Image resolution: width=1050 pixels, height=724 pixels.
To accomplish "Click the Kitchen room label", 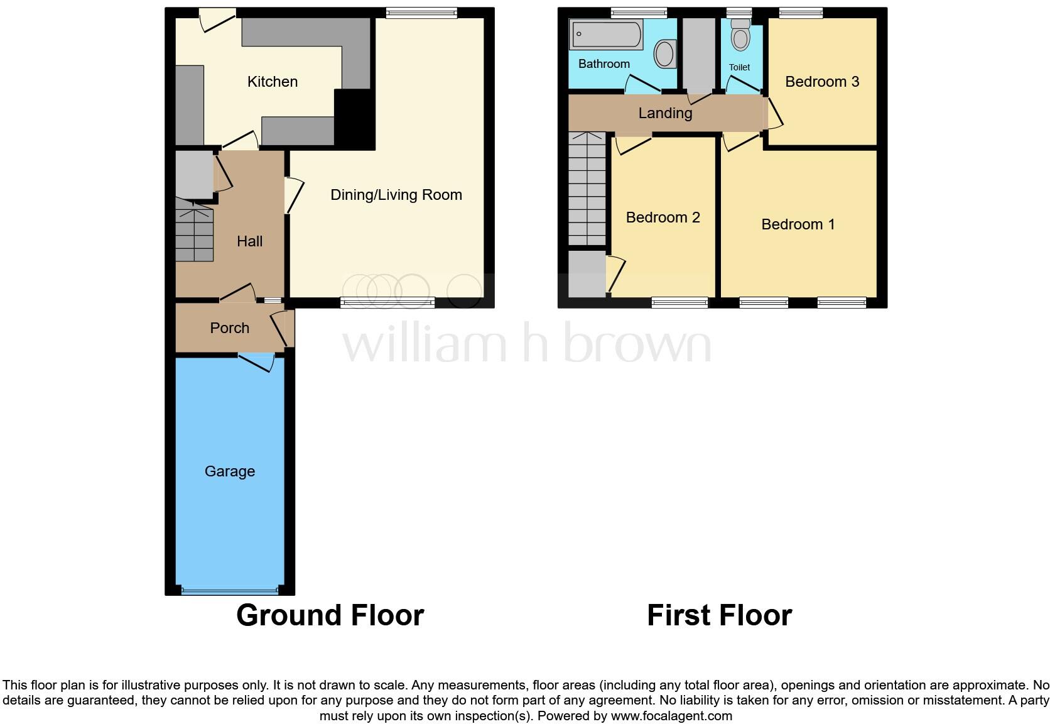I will (x=272, y=82).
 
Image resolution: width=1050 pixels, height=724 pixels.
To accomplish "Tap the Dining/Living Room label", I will (x=396, y=195).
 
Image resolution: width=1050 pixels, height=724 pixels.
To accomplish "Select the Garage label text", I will (x=229, y=471).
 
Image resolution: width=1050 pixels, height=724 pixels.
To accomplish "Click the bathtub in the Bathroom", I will (x=605, y=35).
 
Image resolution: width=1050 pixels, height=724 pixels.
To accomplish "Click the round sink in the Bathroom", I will (x=664, y=54).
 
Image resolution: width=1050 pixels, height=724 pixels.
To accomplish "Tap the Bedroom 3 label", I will (x=821, y=82).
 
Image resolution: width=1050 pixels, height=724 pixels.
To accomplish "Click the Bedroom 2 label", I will (x=663, y=217).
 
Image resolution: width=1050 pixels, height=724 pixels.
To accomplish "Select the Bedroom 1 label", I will (x=798, y=224).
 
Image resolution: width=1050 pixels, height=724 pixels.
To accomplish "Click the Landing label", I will (x=665, y=113).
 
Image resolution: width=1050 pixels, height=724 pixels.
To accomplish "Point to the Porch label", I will (x=229, y=328).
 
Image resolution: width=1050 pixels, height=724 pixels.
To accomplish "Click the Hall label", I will (x=249, y=241).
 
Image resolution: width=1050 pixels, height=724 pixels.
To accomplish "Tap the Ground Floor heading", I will (x=330, y=615).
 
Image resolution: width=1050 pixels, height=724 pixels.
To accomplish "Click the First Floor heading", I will (x=719, y=615).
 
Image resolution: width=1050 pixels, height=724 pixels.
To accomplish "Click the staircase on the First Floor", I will (x=587, y=189).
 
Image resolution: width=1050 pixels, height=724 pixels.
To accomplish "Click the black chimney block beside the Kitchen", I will (x=354, y=118).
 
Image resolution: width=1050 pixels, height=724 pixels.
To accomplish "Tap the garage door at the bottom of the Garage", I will (x=229, y=591).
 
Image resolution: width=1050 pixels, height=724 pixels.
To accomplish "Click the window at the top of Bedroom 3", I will (x=800, y=13).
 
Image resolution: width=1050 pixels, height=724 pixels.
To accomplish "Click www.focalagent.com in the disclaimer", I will (x=671, y=716).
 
